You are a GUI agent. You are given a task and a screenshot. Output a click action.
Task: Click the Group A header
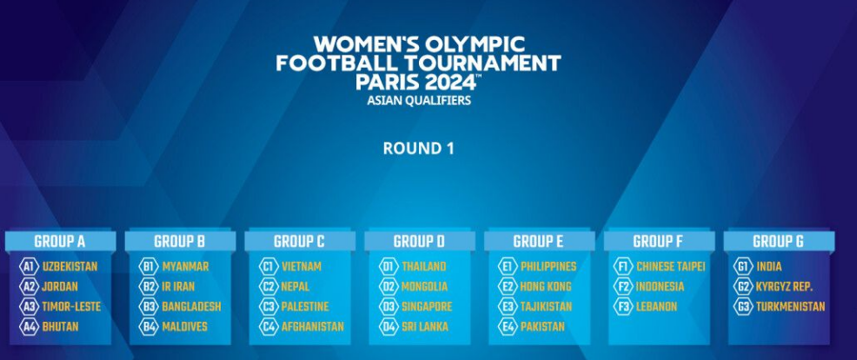[x=60, y=241]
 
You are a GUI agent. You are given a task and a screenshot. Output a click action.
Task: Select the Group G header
[x=779, y=241]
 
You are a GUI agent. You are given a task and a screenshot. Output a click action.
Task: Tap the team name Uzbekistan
[x=70, y=267]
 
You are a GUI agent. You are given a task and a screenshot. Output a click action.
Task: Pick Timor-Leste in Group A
[x=71, y=307]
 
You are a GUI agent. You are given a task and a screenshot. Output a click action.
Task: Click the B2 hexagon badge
[x=148, y=287]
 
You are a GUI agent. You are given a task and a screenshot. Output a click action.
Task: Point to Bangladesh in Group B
[x=191, y=307]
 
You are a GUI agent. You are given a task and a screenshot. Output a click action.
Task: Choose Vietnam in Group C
[x=301, y=267]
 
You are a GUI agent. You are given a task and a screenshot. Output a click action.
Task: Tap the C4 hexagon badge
[x=269, y=327]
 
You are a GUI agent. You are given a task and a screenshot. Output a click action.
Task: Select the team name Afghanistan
[x=313, y=327]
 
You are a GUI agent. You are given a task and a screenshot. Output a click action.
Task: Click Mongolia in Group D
[x=424, y=287]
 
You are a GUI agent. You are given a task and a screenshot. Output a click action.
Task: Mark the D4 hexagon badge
[x=389, y=327]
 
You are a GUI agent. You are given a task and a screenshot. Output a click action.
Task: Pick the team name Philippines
[x=548, y=267]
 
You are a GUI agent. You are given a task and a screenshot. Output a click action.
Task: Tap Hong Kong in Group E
[x=546, y=287]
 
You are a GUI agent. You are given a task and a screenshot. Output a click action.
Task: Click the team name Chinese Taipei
[x=671, y=267]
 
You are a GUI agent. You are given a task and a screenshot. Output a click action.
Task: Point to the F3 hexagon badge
[x=623, y=307]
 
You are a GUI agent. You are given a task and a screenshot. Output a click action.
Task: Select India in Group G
[x=769, y=267]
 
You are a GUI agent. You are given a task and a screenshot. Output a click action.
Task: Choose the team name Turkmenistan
[x=790, y=307]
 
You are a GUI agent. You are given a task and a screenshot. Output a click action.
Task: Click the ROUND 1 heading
[x=418, y=149]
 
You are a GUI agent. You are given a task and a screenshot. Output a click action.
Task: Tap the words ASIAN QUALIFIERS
[x=419, y=101]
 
